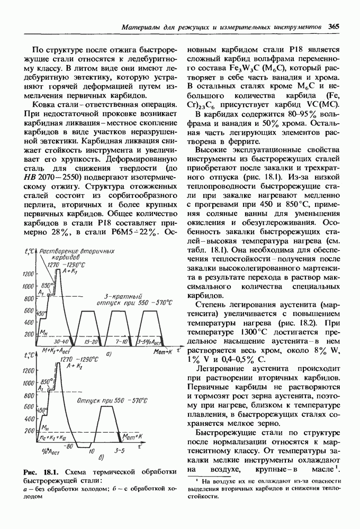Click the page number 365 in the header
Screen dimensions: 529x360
point(334,26)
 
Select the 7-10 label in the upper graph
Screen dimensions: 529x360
point(122,342)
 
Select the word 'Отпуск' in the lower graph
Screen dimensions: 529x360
point(92,400)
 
